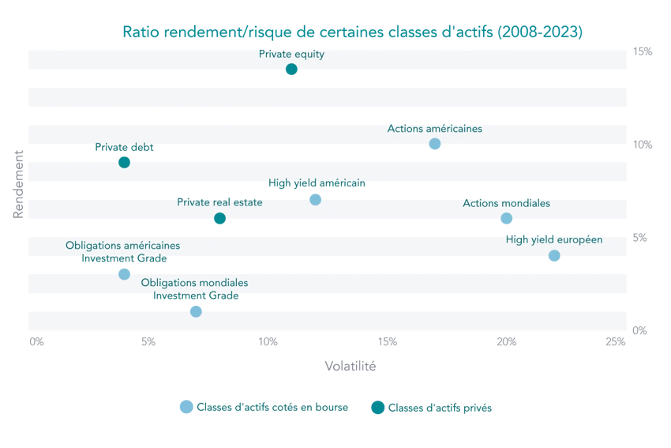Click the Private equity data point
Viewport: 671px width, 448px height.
tap(291, 70)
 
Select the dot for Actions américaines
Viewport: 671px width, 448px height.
tap(434, 144)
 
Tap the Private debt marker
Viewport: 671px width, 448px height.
tap(124, 162)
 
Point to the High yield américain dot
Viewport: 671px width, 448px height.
tap(316, 198)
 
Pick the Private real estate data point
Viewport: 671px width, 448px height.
tap(219, 219)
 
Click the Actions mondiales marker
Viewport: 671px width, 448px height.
tap(506, 219)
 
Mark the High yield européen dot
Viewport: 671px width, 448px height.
tap(554, 256)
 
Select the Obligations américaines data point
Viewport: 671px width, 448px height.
tap(124, 273)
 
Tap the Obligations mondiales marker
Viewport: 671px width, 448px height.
tap(196, 311)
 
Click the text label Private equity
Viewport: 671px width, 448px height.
tap(291, 55)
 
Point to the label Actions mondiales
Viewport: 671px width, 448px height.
tap(506, 203)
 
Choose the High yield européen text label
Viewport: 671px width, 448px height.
tap(554, 239)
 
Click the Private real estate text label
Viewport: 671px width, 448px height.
tap(219, 202)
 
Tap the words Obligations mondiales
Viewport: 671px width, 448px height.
tap(194, 282)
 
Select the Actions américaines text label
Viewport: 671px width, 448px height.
tap(434, 128)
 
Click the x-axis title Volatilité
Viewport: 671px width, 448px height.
tap(350, 366)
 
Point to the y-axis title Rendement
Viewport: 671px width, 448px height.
tap(17, 182)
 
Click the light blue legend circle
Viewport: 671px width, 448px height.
tap(186, 407)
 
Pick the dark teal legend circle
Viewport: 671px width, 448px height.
tap(377, 407)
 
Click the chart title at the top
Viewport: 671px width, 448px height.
tap(353, 32)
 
